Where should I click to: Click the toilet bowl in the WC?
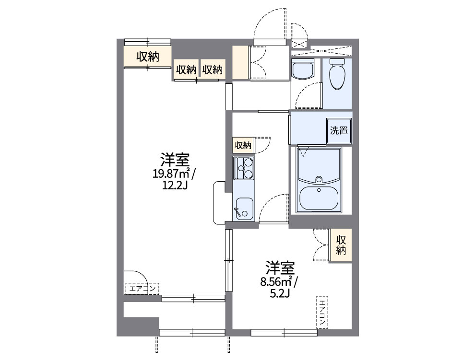[x=338, y=78]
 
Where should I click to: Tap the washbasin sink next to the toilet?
[x=302, y=71]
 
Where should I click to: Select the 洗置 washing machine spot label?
[x=339, y=130]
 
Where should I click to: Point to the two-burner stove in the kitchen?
[x=244, y=168]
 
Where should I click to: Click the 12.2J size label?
[x=175, y=185]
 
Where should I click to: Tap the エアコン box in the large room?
[x=142, y=289]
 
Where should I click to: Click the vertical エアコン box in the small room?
[x=322, y=312]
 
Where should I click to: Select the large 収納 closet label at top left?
[x=148, y=57]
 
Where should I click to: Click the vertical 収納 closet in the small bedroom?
[x=341, y=245]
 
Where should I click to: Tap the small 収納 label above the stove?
[x=243, y=145]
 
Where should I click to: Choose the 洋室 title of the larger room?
[x=175, y=159]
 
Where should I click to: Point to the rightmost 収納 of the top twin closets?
[x=212, y=70]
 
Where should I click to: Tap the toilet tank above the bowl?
[x=338, y=62]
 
